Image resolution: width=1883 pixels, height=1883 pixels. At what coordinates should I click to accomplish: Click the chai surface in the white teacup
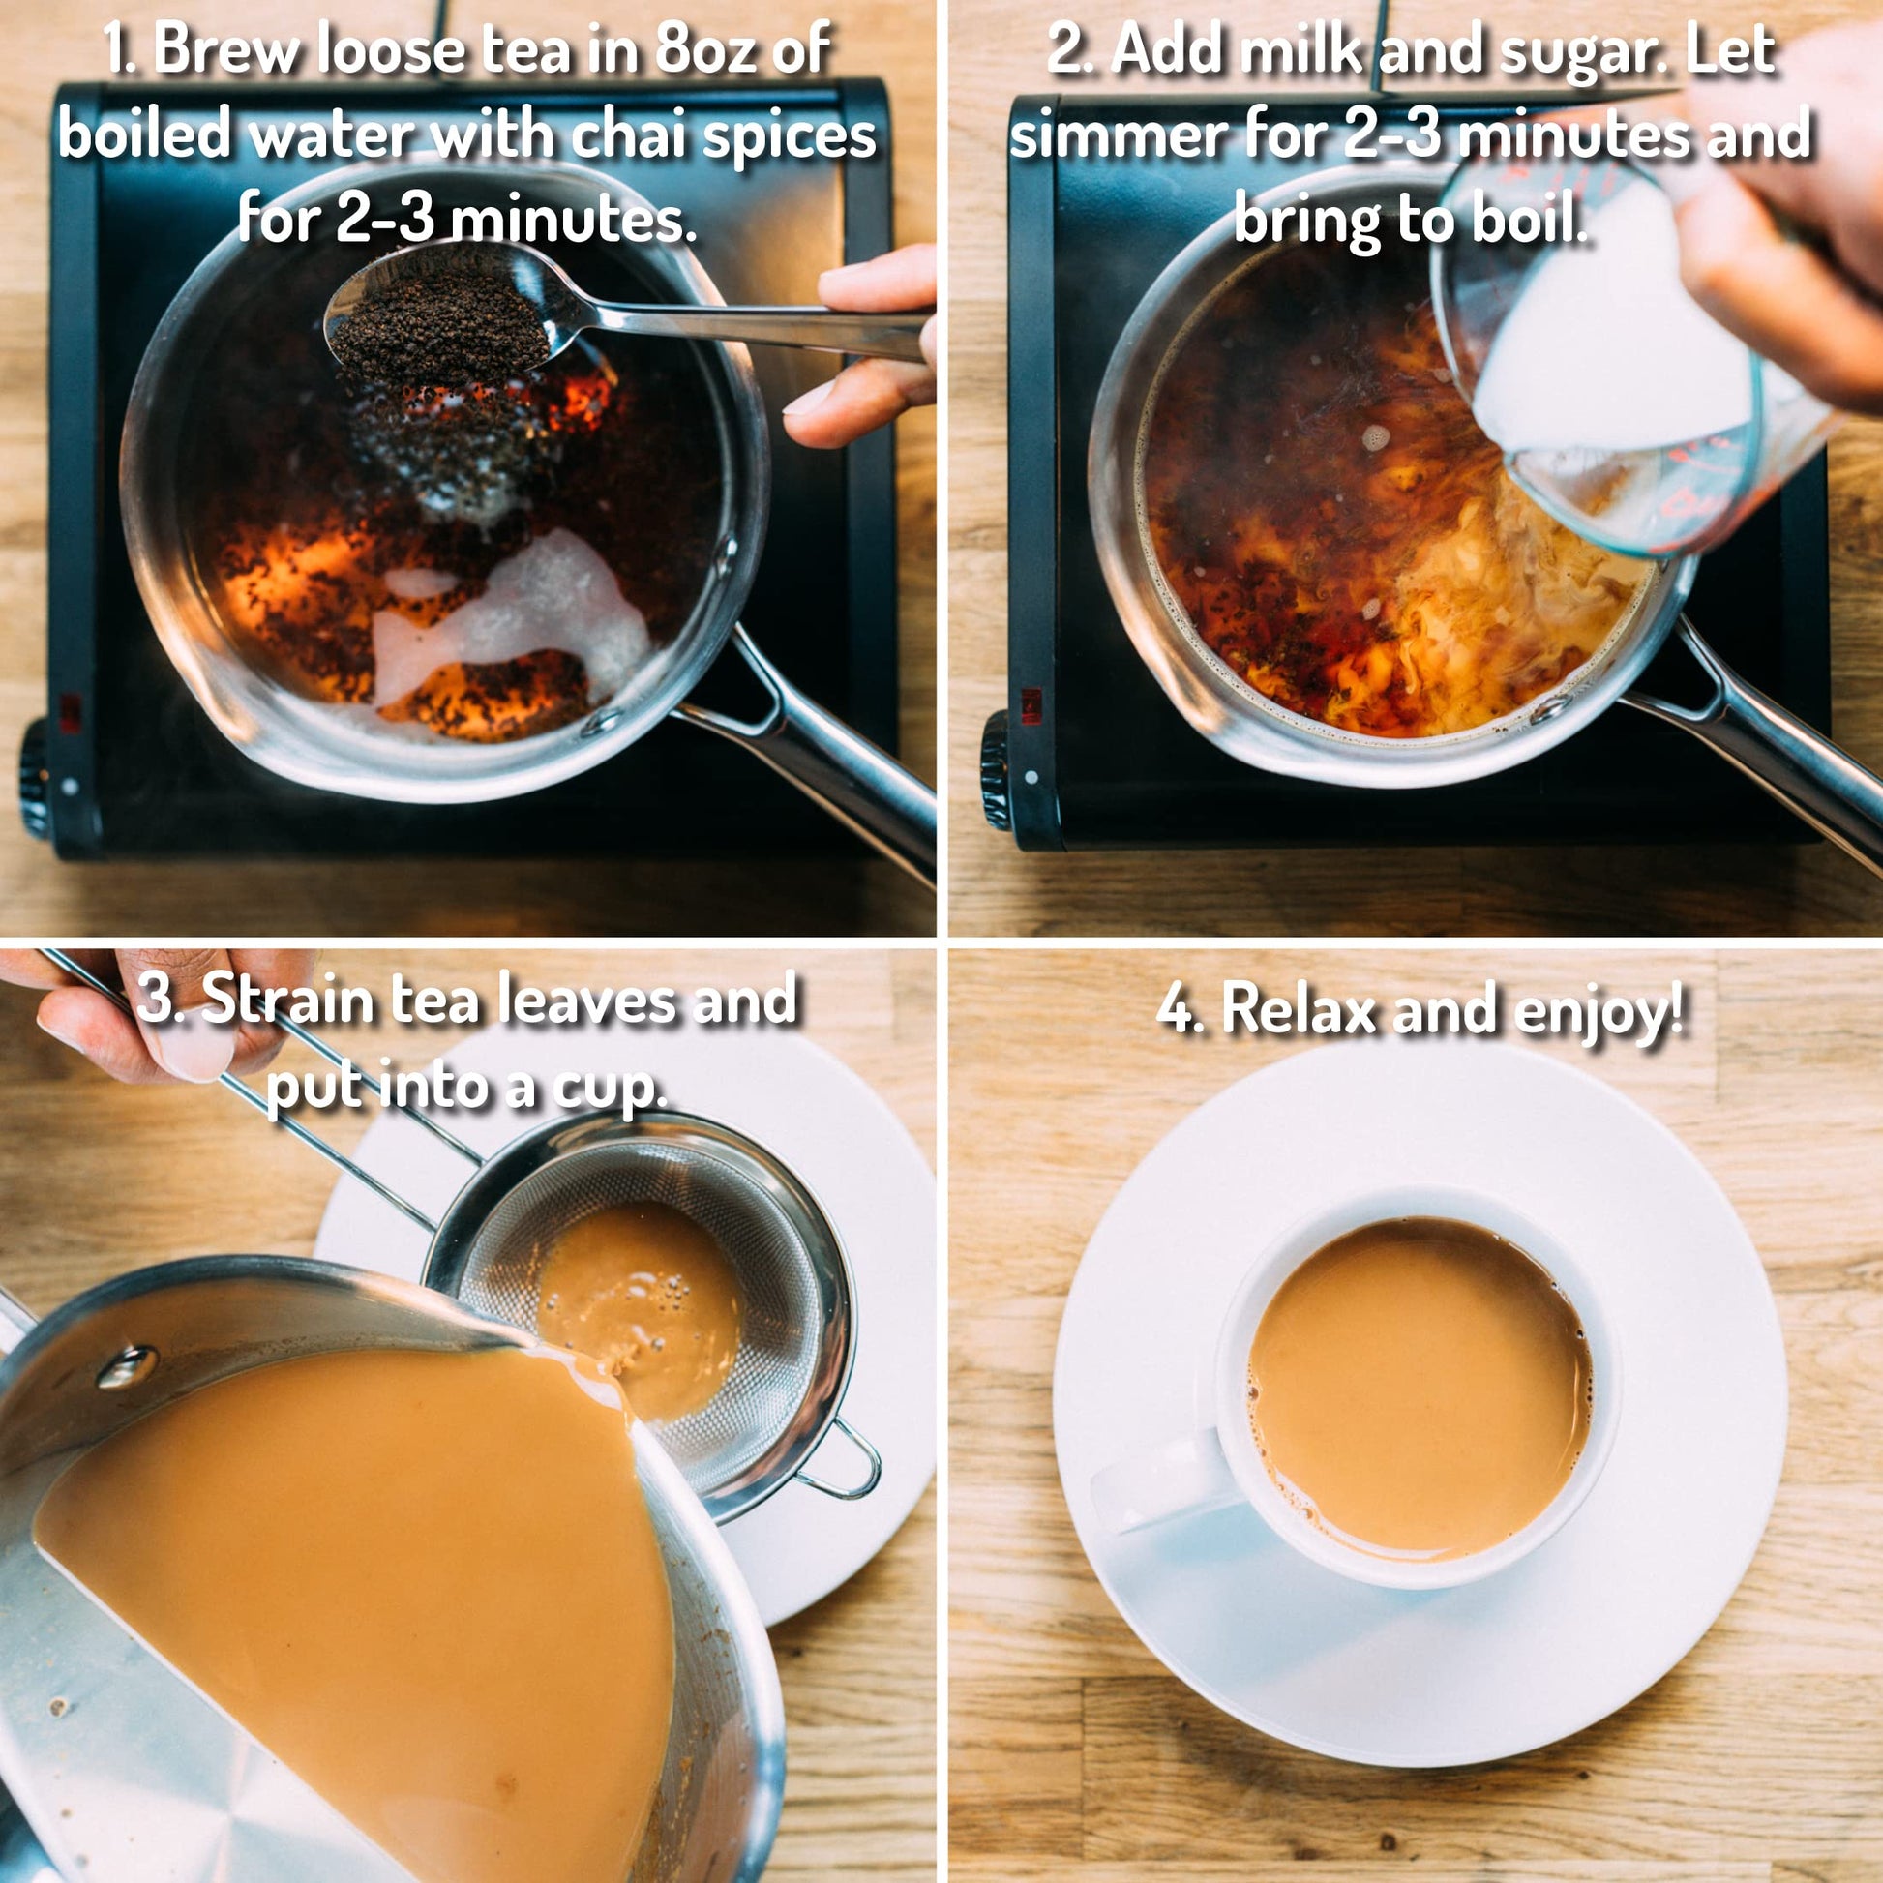1419,1384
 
